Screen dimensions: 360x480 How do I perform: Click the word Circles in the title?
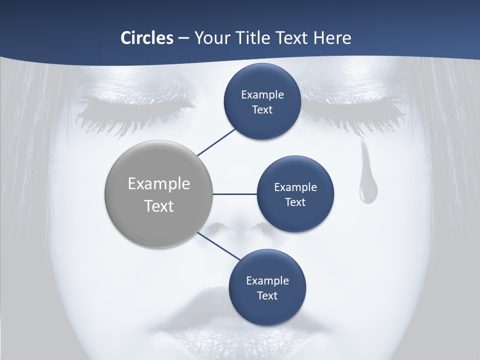point(146,37)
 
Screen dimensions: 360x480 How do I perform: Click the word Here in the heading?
point(332,37)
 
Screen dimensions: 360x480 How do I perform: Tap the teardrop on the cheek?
point(367,187)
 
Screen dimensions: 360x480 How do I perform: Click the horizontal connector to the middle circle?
point(235,194)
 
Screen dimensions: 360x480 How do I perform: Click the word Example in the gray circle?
point(159,184)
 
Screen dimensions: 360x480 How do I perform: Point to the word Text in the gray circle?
point(159,206)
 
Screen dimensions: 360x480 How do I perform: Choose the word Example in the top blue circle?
point(262,94)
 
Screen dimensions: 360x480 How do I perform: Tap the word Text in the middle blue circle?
point(295,202)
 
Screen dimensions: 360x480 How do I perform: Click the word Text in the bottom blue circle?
point(267,295)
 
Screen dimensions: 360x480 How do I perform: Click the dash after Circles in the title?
point(183,38)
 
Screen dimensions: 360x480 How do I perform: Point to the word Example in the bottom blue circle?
point(267,280)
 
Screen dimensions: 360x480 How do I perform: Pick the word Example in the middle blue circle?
point(295,187)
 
